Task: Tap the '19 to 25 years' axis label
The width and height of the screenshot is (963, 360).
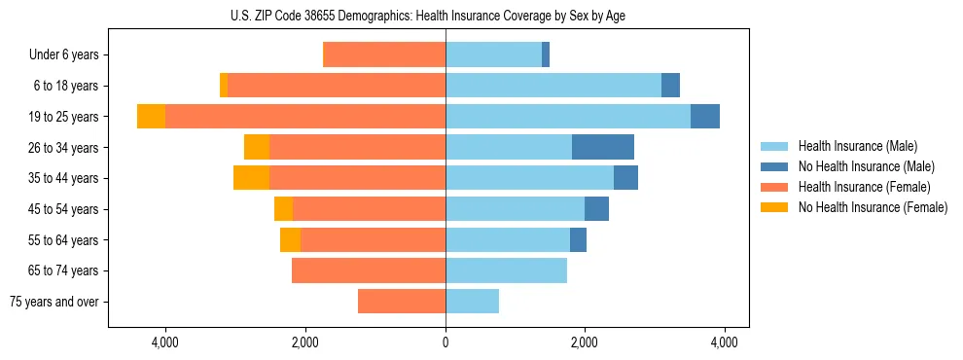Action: (x=64, y=117)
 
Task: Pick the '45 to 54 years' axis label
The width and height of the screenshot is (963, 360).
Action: (x=64, y=209)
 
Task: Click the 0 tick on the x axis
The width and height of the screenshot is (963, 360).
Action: (x=446, y=342)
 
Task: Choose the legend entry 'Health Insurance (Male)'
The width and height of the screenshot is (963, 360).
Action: (x=857, y=146)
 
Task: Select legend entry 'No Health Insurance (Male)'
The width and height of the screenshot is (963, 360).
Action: (x=866, y=166)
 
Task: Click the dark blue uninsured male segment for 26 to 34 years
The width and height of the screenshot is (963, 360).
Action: (x=603, y=147)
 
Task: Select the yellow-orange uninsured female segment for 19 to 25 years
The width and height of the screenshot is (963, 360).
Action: (x=151, y=117)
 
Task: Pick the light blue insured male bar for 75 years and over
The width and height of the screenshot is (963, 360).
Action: (x=472, y=302)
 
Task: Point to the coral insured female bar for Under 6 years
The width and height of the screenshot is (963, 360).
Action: (x=384, y=54)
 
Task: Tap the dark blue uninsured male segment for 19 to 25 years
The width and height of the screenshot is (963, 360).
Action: (x=705, y=117)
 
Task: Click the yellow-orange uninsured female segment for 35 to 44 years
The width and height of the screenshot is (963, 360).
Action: (x=251, y=178)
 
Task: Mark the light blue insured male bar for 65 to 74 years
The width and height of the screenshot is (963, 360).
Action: (x=506, y=270)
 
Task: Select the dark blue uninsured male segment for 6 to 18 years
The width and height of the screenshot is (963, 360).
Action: (x=670, y=86)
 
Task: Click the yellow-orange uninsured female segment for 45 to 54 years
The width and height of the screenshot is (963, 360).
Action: (x=283, y=209)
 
